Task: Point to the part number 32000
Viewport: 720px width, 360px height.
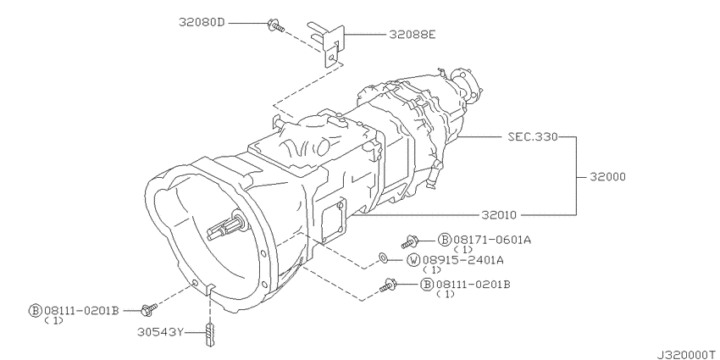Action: (x=605, y=177)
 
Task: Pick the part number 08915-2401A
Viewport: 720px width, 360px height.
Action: (x=464, y=259)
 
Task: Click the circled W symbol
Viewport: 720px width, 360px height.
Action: (x=414, y=259)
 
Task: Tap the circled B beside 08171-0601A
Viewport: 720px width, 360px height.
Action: (x=443, y=240)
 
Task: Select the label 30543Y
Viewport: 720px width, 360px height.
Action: (x=161, y=333)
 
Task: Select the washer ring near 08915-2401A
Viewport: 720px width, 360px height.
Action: (x=384, y=256)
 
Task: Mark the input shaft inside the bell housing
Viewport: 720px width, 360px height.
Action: (x=235, y=226)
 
